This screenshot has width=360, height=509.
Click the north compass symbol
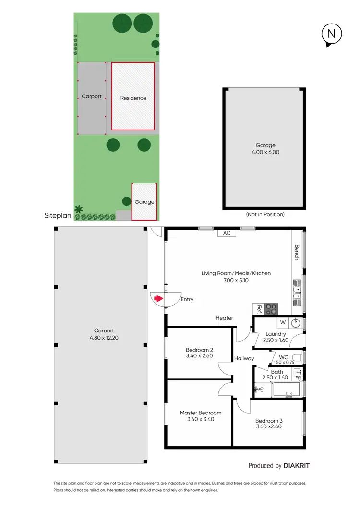332,35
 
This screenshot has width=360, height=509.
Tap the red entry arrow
157,299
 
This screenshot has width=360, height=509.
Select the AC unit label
227,233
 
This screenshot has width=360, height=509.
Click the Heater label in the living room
224,318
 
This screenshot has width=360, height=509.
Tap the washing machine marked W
282,322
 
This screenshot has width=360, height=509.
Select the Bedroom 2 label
199,349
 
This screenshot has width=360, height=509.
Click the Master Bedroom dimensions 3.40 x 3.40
201,419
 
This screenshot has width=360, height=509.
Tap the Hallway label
244,358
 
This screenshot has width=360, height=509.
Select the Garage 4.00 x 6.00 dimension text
264,152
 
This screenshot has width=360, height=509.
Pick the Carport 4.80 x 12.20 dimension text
104,338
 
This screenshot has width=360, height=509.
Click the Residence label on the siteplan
133,98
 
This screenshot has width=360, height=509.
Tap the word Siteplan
58,216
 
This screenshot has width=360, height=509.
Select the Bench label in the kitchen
297,252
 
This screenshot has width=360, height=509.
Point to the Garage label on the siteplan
144,202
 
